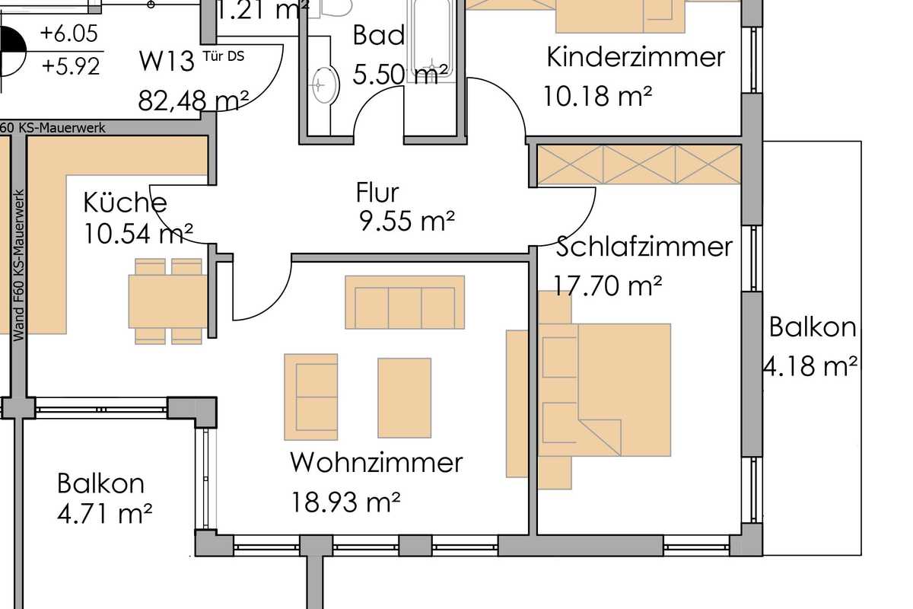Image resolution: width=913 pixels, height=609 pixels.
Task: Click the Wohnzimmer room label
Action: [376, 462]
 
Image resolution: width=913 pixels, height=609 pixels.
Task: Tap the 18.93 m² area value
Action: [345, 502]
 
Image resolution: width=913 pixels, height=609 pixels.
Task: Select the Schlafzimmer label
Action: [644, 247]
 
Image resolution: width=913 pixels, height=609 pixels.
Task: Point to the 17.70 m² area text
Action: [599, 286]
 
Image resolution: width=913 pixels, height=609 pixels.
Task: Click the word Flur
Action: [377, 193]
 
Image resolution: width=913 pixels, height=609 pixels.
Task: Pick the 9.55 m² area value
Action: [406, 222]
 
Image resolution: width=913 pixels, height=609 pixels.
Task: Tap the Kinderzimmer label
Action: [635, 57]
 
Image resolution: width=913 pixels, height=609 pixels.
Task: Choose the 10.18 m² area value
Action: [597, 96]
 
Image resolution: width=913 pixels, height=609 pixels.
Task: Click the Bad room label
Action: [377, 36]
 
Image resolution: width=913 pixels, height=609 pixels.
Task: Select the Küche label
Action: [125, 202]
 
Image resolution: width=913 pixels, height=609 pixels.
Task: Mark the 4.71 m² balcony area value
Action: [105, 515]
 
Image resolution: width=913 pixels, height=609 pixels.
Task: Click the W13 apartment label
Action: [167, 61]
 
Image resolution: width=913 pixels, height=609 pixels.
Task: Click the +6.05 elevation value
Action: [70, 33]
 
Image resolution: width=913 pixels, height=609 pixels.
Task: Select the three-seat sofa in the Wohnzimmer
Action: [405, 302]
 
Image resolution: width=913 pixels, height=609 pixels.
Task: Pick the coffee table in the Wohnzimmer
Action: [404, 397]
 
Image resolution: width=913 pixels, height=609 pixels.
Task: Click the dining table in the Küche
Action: [167, 301]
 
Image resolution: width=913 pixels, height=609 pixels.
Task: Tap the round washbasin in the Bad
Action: [325, 84]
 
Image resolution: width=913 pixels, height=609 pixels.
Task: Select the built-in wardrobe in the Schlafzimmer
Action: [639, 164]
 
